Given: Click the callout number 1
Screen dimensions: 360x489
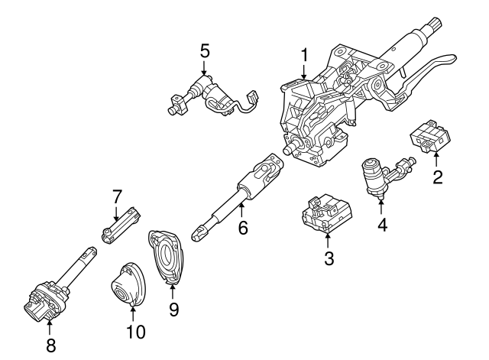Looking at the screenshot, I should coord(304,55).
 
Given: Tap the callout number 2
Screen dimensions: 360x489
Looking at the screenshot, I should coord(437,178).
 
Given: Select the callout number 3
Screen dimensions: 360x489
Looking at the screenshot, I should coord(329,258).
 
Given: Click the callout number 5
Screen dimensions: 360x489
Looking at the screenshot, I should coord(205,50).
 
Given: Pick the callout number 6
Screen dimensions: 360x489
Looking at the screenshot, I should coord(242,228).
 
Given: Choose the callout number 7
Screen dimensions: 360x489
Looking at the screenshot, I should coord(117,195).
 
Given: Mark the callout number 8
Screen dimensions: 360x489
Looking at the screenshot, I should coord(51,344).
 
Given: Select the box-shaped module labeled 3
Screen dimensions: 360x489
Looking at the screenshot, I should coord(325,213).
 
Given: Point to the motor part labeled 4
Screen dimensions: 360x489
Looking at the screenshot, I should coord(378,176).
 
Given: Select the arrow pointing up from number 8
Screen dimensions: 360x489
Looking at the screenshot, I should coord(51,326).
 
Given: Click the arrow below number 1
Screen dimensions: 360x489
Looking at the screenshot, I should coord(304,71).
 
